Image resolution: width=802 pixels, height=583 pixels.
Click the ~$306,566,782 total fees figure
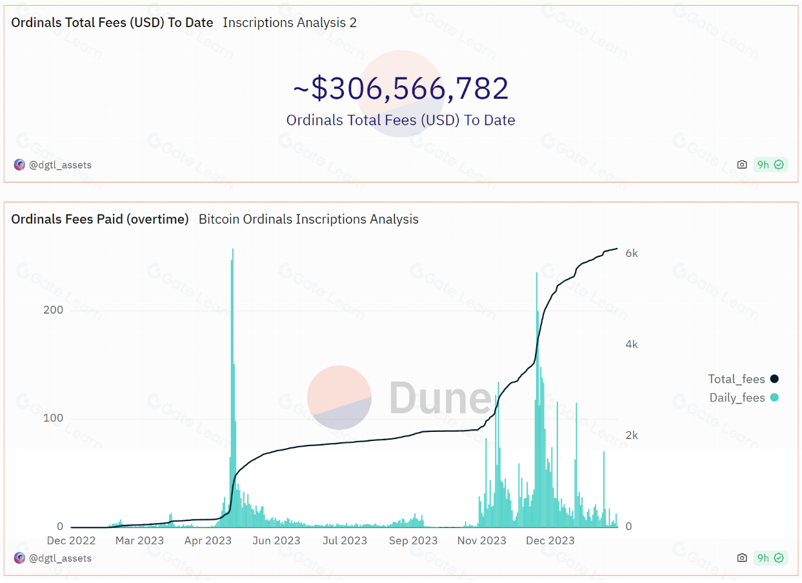pos(401,88)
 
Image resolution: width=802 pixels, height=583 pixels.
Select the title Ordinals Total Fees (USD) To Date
pos(112,23)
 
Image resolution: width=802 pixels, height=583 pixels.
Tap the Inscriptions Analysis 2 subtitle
pos(290,23)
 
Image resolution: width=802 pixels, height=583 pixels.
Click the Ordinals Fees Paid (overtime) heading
pos(100,220)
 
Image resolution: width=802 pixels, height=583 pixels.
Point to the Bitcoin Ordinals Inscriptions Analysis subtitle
pos(308,220)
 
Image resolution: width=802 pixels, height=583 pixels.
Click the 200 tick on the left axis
pos(53,310)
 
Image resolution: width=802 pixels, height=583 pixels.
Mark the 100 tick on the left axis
pos(53,418)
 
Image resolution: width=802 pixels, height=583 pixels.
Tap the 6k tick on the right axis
pos(632,253)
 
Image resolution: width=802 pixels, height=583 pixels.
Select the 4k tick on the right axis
pos(632,344)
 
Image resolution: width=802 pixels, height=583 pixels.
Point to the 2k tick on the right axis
pos(632,435)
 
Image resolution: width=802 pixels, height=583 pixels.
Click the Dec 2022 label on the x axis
pos(71,540)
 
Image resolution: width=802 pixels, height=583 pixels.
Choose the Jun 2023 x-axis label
pos(277,540)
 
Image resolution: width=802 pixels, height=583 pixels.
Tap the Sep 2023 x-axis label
pos(414,540)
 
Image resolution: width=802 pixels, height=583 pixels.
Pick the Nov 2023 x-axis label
pos(482,540)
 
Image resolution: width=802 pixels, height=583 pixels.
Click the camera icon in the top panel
pos(742,165)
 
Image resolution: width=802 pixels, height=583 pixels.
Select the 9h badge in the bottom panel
pos(770,558)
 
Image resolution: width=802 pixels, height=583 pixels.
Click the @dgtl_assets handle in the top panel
pos(60,165)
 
